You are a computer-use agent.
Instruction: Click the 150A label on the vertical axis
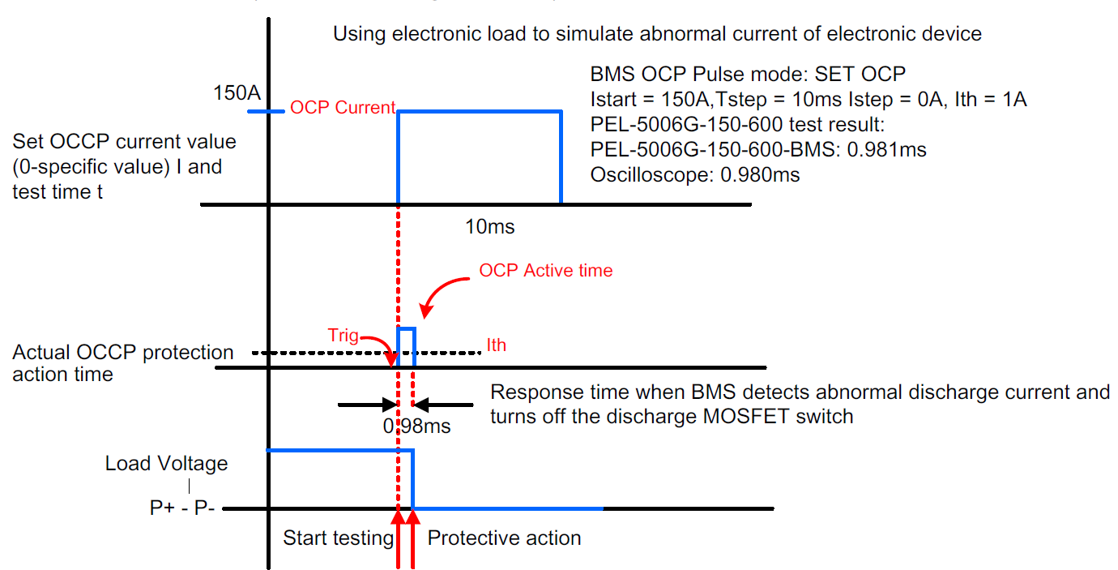pyautogui.click(x=237, y=93)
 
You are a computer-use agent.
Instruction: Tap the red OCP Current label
pyautogui.click(x=343, y=107)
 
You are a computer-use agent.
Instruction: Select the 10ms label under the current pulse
pyautogui.click(x=489, y=227)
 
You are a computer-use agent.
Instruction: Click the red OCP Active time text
pyautogui.click(x=545, y=270)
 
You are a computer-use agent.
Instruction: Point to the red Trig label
pyautogui.click(x=343, y=335)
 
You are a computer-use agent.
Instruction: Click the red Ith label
pyautogui.click(x=496, y=345)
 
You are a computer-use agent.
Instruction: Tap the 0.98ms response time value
pyautogui.click(x=416, y=426)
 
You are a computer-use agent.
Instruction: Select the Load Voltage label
pyautogui.click(x=166, y=464)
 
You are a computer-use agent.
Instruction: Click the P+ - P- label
pyautogui.click(x=182, y=508)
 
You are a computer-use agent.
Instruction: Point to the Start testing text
pyautogui.click(x=339, y=538)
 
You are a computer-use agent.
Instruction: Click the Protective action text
pyautogui.click(x=504, y=538)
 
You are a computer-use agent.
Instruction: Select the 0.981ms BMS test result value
pyautogui.click(x=886, y=150)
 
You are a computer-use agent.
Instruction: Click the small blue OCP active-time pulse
pyautogui.click(x=406, y=328)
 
